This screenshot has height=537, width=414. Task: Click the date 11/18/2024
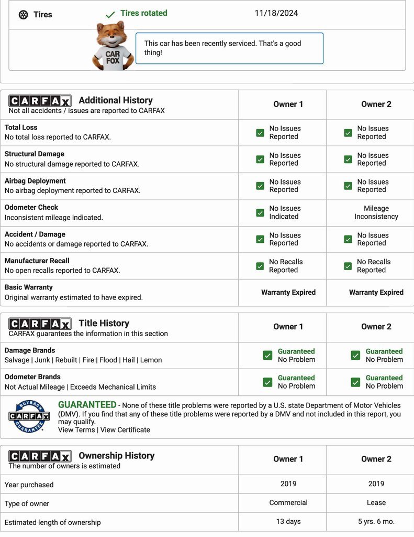tap(276, 13)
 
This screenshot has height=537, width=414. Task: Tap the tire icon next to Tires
tap(23, 15)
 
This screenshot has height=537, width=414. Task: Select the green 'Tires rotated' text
tap(143, 13)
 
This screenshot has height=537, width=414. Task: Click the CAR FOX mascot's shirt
tap(113, 57)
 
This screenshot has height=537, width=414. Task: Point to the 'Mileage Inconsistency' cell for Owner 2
tap(376, 212)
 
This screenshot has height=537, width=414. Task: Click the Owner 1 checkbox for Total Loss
tap(260, 133)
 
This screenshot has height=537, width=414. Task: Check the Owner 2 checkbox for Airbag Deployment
tap(348, 186)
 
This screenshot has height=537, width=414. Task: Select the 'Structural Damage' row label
tap(35, 154)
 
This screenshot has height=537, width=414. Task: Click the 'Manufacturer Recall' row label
tap(37, 261)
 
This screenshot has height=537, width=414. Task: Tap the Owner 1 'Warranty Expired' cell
tap(288, 292)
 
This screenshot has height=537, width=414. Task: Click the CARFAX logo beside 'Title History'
tap(40, 324)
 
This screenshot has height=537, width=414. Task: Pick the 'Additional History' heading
tap(116, 100)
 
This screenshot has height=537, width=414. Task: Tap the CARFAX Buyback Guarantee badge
tap(29, 416)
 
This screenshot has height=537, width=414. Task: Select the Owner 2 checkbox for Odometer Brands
tap(355, 382)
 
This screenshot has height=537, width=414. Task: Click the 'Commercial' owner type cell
tap(288, 502)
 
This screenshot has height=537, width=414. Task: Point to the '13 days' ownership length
tap(288, 521)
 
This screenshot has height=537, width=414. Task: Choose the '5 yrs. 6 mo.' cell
tap(376, 521)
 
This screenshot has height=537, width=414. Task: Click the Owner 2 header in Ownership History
tap(376, 459)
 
